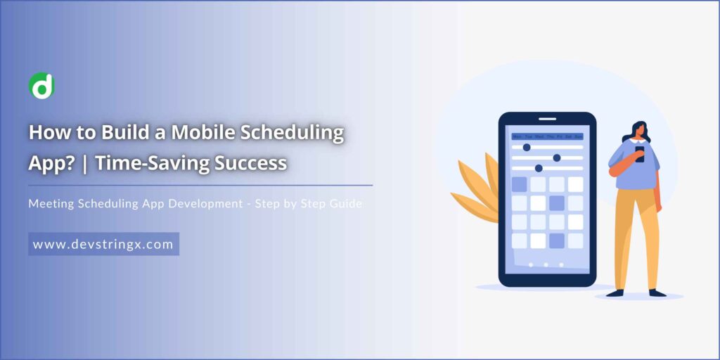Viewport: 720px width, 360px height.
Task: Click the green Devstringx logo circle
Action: point(41,86)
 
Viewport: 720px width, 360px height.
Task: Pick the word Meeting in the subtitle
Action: point(53,203)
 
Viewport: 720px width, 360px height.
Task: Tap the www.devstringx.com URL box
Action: point(104,243)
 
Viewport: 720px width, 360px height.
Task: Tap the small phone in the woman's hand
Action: point(639,153)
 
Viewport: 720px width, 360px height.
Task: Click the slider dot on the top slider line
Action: point(527,147)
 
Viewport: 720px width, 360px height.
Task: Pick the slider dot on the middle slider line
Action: point(557,157)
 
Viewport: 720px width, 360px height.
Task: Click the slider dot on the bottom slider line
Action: point(539,168)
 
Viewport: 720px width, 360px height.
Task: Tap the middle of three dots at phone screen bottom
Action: point(546,265)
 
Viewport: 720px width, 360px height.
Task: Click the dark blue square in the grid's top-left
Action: point(519,185)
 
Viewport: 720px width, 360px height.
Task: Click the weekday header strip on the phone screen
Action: point(547,136)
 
